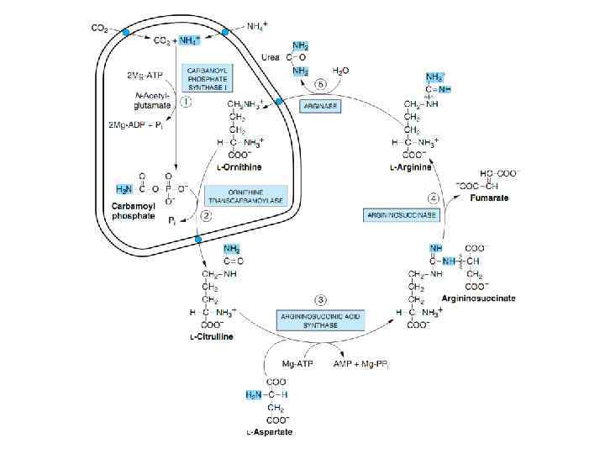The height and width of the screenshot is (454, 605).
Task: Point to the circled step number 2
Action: tap(205, 215)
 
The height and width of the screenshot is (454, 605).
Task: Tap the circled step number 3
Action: tap(319, 299)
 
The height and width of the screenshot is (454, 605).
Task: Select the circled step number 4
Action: tap(433, 198)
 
